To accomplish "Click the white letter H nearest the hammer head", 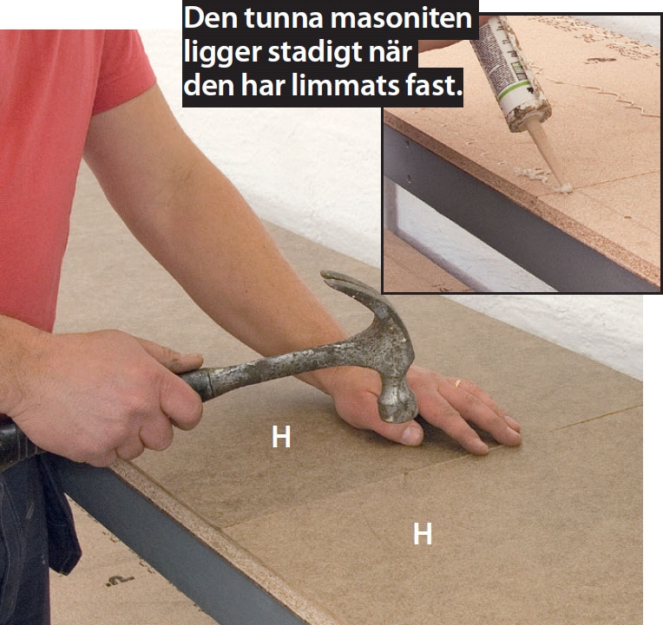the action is pos(281,437).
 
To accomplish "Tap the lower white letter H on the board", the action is pos(423,534).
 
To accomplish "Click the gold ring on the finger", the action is pos(457,383).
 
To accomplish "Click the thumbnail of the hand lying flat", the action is pos(410,435).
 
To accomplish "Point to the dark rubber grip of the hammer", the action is pos(16,444).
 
